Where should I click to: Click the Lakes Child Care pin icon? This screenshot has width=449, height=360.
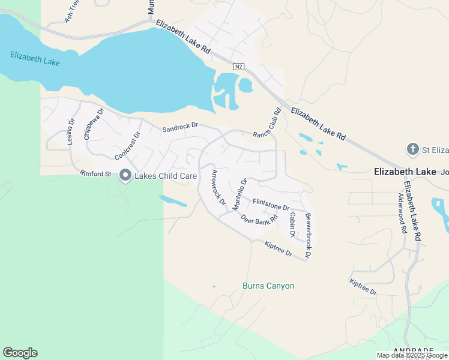pyautogui.click(x=125, y=176)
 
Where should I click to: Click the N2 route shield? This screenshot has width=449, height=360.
pyautogui.click(x=239, y=67)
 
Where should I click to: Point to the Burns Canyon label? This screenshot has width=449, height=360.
pyautogui.click(x=268, y=286)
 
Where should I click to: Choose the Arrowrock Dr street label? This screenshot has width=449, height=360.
pyautogui.click(x=218, y=188)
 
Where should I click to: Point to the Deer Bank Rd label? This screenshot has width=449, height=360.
pyautogui.click(x=259, y=218)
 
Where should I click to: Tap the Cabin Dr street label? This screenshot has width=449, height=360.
pyautogui.click(x=292, y=224)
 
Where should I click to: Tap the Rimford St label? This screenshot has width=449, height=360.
pyautogui.click(x=96, y=174)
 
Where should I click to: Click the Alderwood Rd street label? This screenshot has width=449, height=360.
pyautogui.click(x=402, y=209)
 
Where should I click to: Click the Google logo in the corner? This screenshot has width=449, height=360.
pyautogui.click(x=20, y=353)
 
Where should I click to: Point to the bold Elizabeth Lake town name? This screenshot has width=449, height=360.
pyautogui.click(x=405, y=172)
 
